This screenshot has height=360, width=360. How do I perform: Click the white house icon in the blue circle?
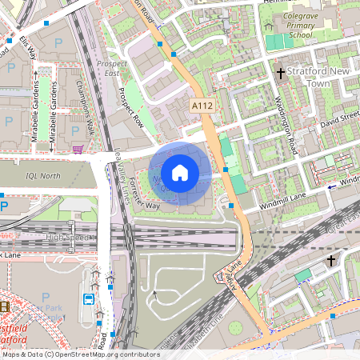[179, 172]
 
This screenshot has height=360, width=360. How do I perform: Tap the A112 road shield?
[202, 105]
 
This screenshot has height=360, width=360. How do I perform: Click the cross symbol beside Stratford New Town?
[281, 73]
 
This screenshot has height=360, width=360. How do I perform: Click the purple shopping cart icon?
[77, 148]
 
